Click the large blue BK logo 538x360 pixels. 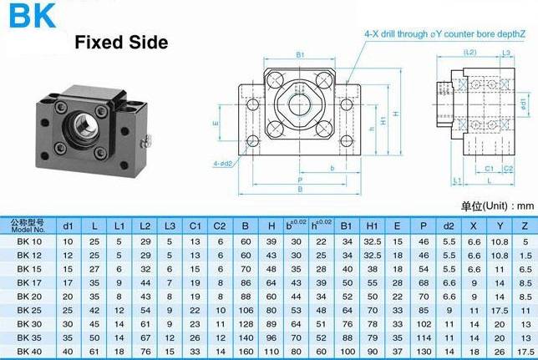(x=32, y=15)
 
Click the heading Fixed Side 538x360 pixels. (x=121, y=43)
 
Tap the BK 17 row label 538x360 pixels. (x=29, y=283)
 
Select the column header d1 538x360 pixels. (x=68, y=226)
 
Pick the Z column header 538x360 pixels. (x=525, y=226)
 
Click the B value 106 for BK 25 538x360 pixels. (x=246, y=310)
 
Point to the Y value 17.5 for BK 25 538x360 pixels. (x=500, y=310)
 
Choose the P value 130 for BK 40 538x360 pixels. (x=424, y=352)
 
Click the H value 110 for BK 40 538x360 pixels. (x=271, y=352)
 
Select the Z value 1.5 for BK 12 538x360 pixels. (x=525, y=256)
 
